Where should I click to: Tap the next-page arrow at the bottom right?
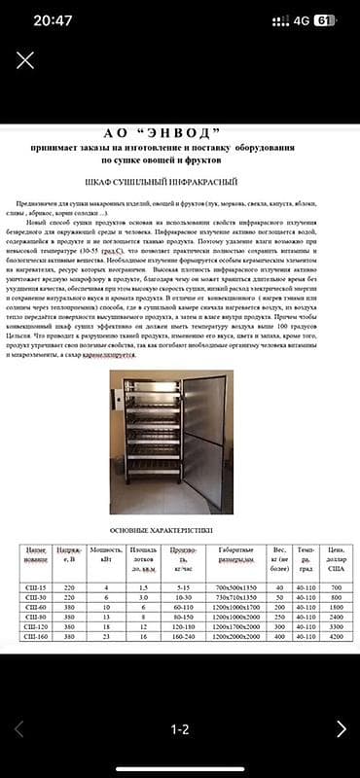point(340,728)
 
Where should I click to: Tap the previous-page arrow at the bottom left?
point(19,728)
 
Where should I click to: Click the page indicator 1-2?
point(179,728)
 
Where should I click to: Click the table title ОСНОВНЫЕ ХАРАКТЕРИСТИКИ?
point(155,529)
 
